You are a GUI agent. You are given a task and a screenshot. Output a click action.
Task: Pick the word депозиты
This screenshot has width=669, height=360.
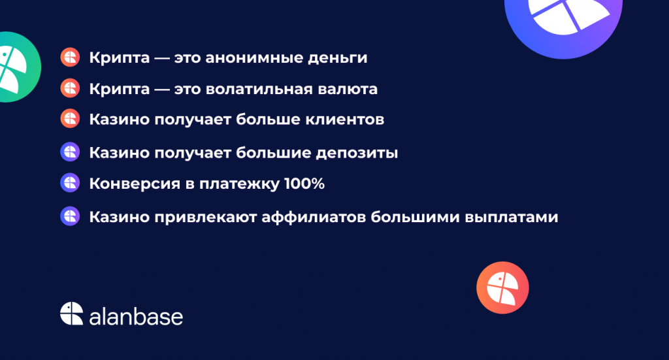click(x=357, y=153)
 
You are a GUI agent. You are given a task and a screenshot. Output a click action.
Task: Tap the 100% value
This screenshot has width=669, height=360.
click(x=304, y=184)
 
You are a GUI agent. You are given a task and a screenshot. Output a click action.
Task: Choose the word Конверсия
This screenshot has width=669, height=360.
click(x=135, y=184)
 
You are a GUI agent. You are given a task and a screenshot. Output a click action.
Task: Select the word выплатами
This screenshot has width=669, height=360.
click(x=511, y=218)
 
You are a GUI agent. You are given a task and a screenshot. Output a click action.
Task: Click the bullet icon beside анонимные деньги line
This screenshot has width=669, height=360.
click(x=70, y=57)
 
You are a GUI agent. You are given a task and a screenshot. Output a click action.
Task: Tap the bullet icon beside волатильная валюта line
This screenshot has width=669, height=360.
click(x=70, y=88)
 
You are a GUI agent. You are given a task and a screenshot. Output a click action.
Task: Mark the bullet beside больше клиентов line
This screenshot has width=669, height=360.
click(x=70, y=118)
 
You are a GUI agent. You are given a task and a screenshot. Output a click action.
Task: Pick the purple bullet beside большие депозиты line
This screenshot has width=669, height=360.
click(x=70, y=152)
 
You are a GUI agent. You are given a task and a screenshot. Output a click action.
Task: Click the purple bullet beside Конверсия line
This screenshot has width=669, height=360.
click(x=70, y=182)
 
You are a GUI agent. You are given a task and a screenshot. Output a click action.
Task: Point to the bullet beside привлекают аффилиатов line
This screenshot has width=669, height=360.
click(x=70, y=216)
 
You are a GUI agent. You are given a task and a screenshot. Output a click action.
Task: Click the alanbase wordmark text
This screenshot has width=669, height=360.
click(x=136, y=316)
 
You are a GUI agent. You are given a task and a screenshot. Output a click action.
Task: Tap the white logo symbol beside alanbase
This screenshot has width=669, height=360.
click(x=72, y=314)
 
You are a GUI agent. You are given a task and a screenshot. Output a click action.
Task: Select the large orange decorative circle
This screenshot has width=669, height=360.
click(x=502, y=287)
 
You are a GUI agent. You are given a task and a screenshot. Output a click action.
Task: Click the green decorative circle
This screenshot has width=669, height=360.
click(x=17, y=67)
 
